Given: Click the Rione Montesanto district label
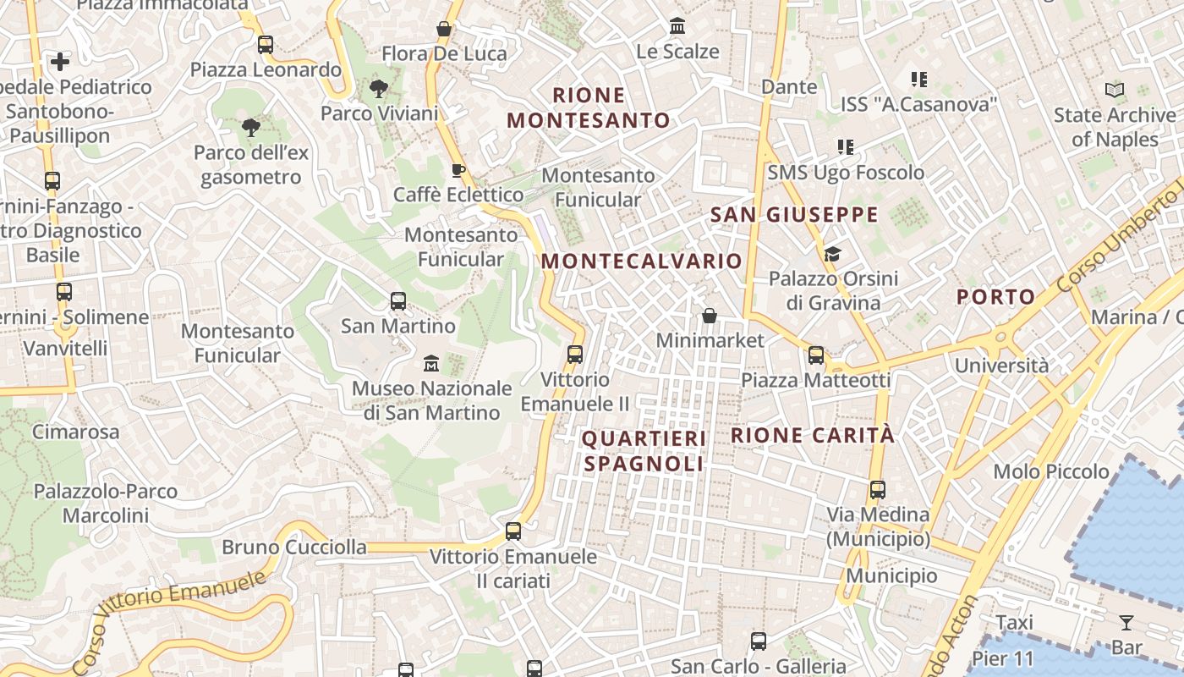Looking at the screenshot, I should (x=589, y=107).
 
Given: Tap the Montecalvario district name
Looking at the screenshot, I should (x=642, y=261).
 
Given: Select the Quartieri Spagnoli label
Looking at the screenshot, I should (x=644, y=451).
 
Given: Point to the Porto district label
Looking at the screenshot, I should (x=995, y=297).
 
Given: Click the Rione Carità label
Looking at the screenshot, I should (x=812, y=436).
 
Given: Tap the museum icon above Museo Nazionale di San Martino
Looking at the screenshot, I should (x=431, y=363).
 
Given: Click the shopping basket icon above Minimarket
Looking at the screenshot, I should (x=710, y=316).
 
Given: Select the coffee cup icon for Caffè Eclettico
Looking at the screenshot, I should (x=458, y=170).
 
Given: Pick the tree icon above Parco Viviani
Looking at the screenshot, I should (x=379, y=88).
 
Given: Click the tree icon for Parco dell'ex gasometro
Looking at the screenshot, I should (x=250, y=128).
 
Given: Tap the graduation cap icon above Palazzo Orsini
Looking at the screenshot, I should (x=832, y=254).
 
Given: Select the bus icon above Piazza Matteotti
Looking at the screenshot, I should (x=816, y=355).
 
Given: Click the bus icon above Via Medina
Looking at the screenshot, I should (x=878, y=489).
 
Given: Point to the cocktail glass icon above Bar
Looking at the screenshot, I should (x=1126, y=624).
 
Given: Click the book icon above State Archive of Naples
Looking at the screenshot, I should (x=1115, y=90).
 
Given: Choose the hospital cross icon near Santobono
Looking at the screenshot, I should (x=60, y=62).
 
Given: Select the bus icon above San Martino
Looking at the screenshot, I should (x=397, y=300).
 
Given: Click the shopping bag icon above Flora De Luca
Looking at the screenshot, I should (x=444, y=29).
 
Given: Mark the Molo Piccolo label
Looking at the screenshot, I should (x=1051, y=471).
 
